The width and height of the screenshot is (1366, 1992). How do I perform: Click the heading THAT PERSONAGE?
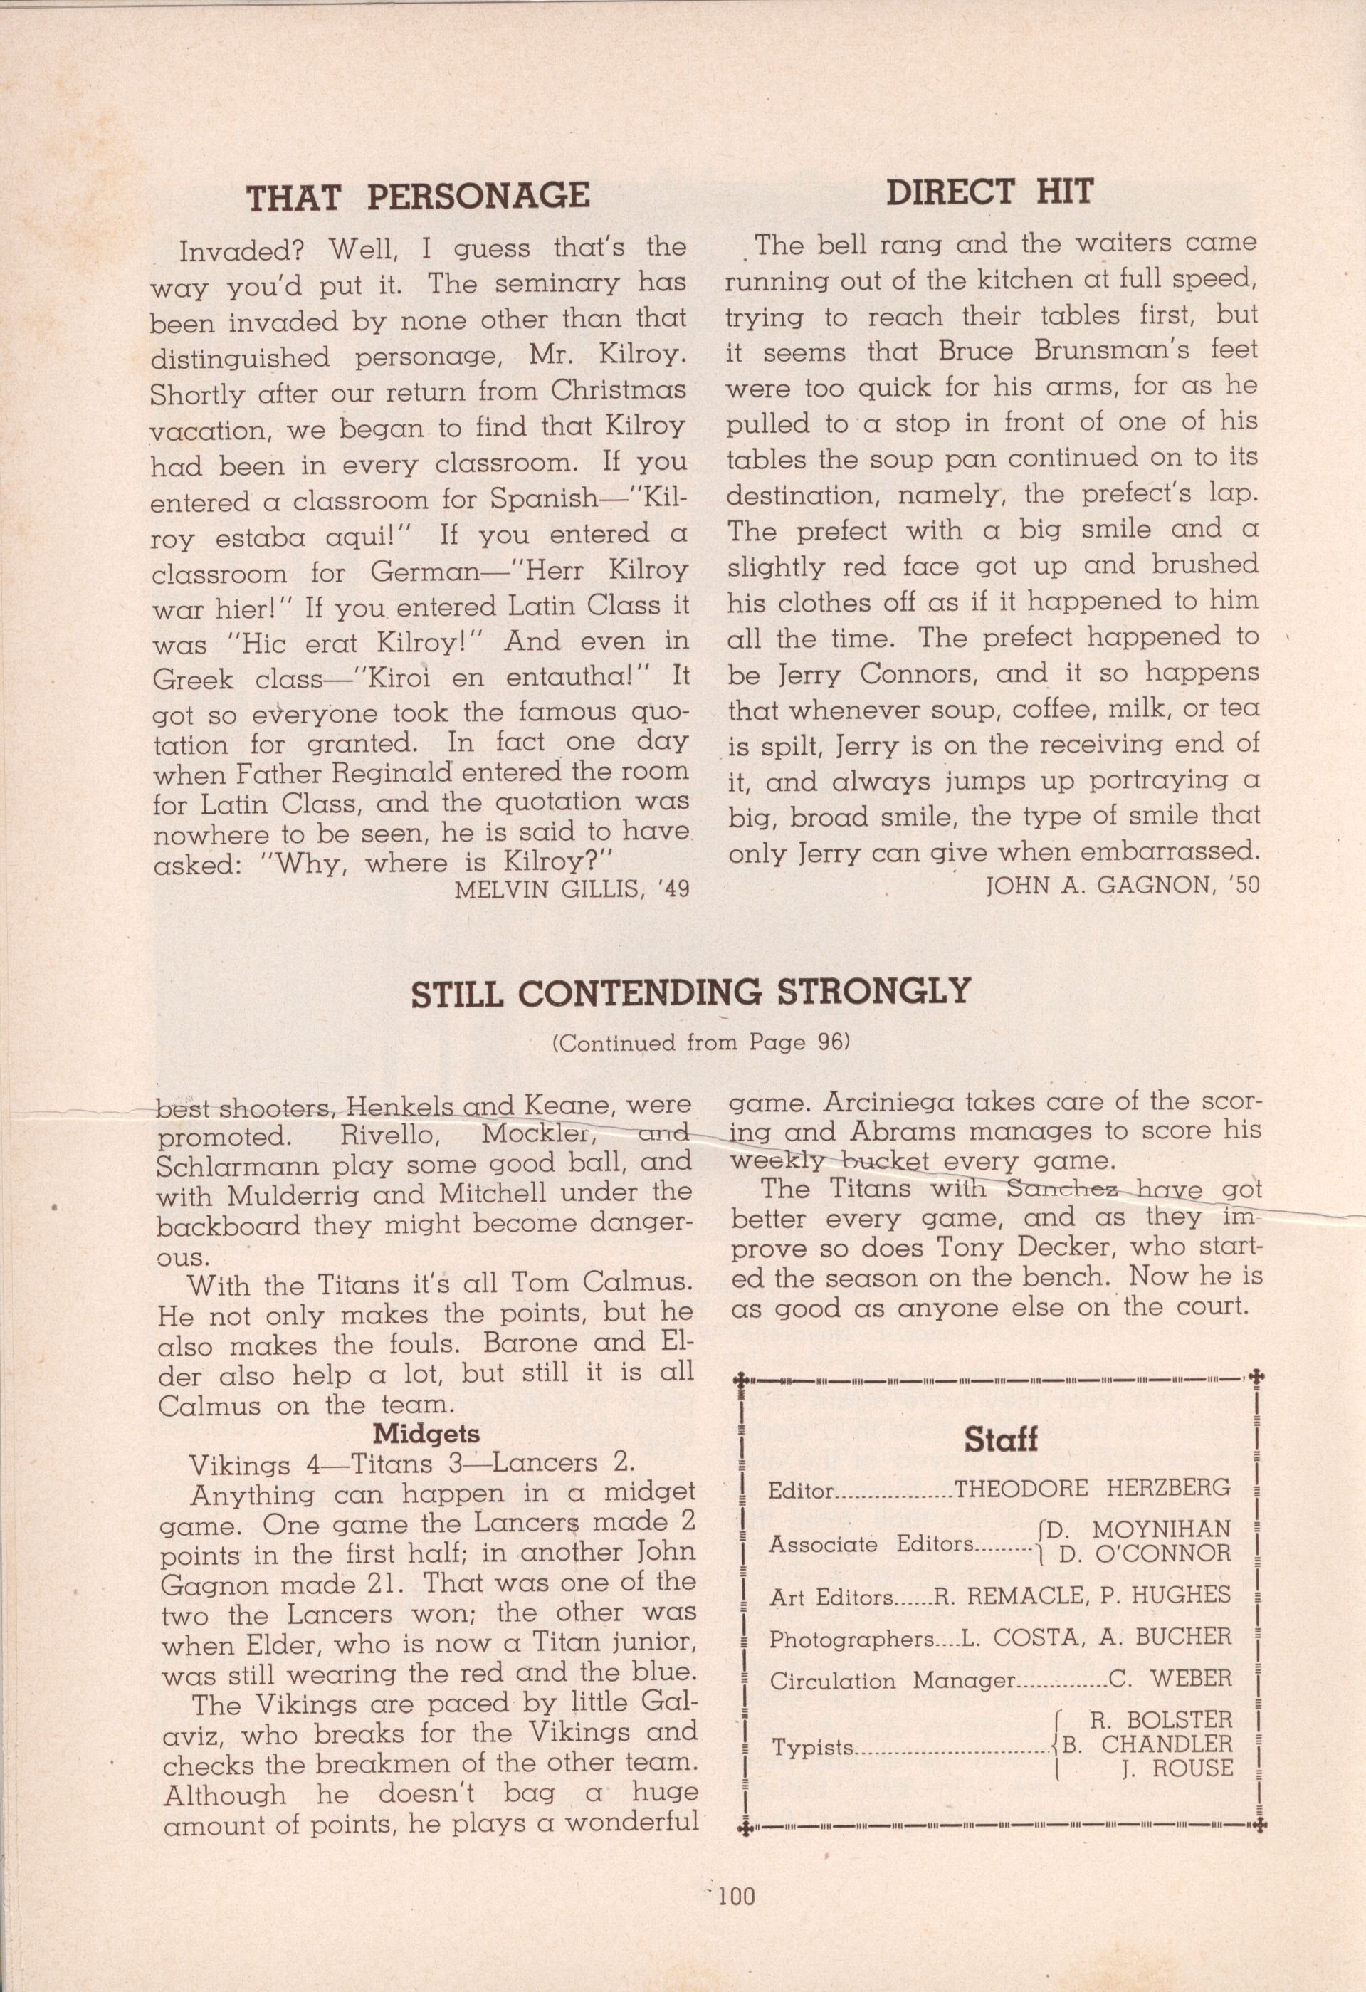click(x=418, y=197)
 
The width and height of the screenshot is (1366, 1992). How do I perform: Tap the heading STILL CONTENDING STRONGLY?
click(x=690, y=992)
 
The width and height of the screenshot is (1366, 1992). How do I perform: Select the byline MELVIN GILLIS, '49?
click(x=572, y=889)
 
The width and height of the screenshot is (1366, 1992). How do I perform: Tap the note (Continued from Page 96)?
click(x=701, y=1042)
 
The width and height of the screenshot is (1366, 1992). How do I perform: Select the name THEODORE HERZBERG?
click(x=1093, y=1487)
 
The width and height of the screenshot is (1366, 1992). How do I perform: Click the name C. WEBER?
click(x=1171, y=1677)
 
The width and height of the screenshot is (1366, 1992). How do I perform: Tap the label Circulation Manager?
click(x=891, y=1680)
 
